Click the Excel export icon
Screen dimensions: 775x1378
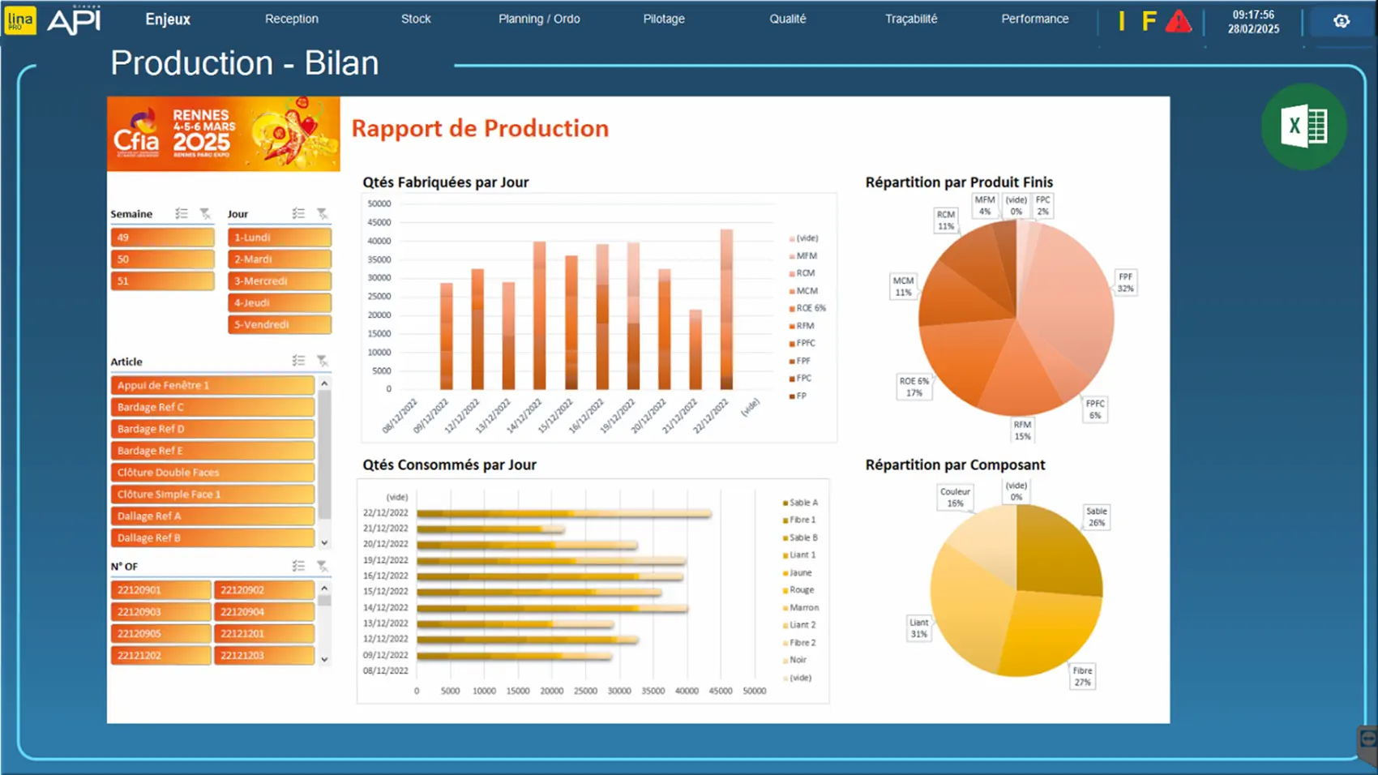1303,126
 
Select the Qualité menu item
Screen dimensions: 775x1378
787,19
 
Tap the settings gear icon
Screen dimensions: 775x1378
1342,21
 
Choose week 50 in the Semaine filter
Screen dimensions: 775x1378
162,259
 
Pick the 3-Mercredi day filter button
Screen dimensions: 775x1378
279,281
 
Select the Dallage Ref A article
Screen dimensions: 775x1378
212,516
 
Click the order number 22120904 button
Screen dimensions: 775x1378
264,612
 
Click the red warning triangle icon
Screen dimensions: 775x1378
1178,22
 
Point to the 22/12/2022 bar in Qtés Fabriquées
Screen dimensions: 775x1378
726,309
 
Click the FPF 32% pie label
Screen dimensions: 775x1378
1125,282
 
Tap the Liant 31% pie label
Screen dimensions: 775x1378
918,628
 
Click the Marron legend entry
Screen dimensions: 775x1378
802,607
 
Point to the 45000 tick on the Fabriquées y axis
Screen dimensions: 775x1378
379,222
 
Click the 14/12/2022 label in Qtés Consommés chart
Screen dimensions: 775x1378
386,607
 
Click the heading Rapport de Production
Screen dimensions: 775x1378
480,128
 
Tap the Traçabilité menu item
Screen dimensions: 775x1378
911,19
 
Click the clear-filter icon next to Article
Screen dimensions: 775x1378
322,361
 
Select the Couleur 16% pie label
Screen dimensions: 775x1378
955,497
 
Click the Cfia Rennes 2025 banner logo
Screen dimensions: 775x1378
223,134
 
